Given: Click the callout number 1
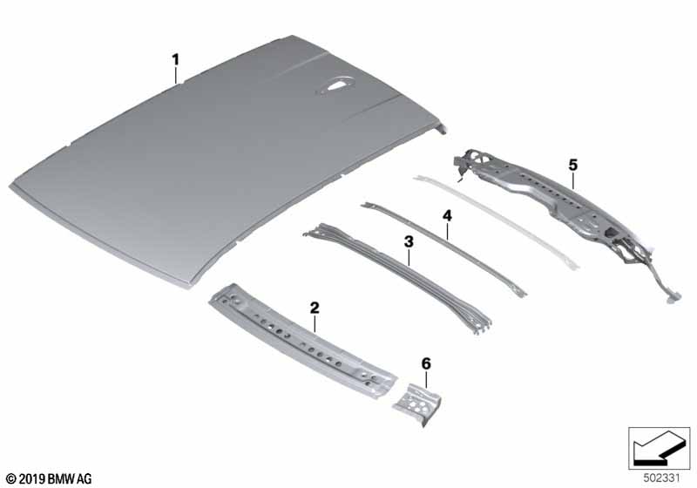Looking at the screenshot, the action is pos(176,59).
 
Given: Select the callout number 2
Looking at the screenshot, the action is pos(315,308).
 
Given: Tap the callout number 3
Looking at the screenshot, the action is pos(409,242).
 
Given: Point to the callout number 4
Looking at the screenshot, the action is pos(447,216).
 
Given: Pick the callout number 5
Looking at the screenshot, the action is pos(573,166).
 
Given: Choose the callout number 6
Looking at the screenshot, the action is pos(426,364).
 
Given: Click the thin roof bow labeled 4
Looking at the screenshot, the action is pos(443,249).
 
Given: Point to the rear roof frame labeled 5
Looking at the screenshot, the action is pos(565,213).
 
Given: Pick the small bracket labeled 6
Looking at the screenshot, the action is pos(418,403).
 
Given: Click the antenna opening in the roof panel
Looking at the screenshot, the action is pos(335,85).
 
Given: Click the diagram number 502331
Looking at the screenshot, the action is pos(662,478).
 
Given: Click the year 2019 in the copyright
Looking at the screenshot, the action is pos(31,479).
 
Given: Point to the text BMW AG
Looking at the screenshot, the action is pos(70,479).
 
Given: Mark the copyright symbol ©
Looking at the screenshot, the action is pos(11,479).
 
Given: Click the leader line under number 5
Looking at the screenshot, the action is pos(573,181).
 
